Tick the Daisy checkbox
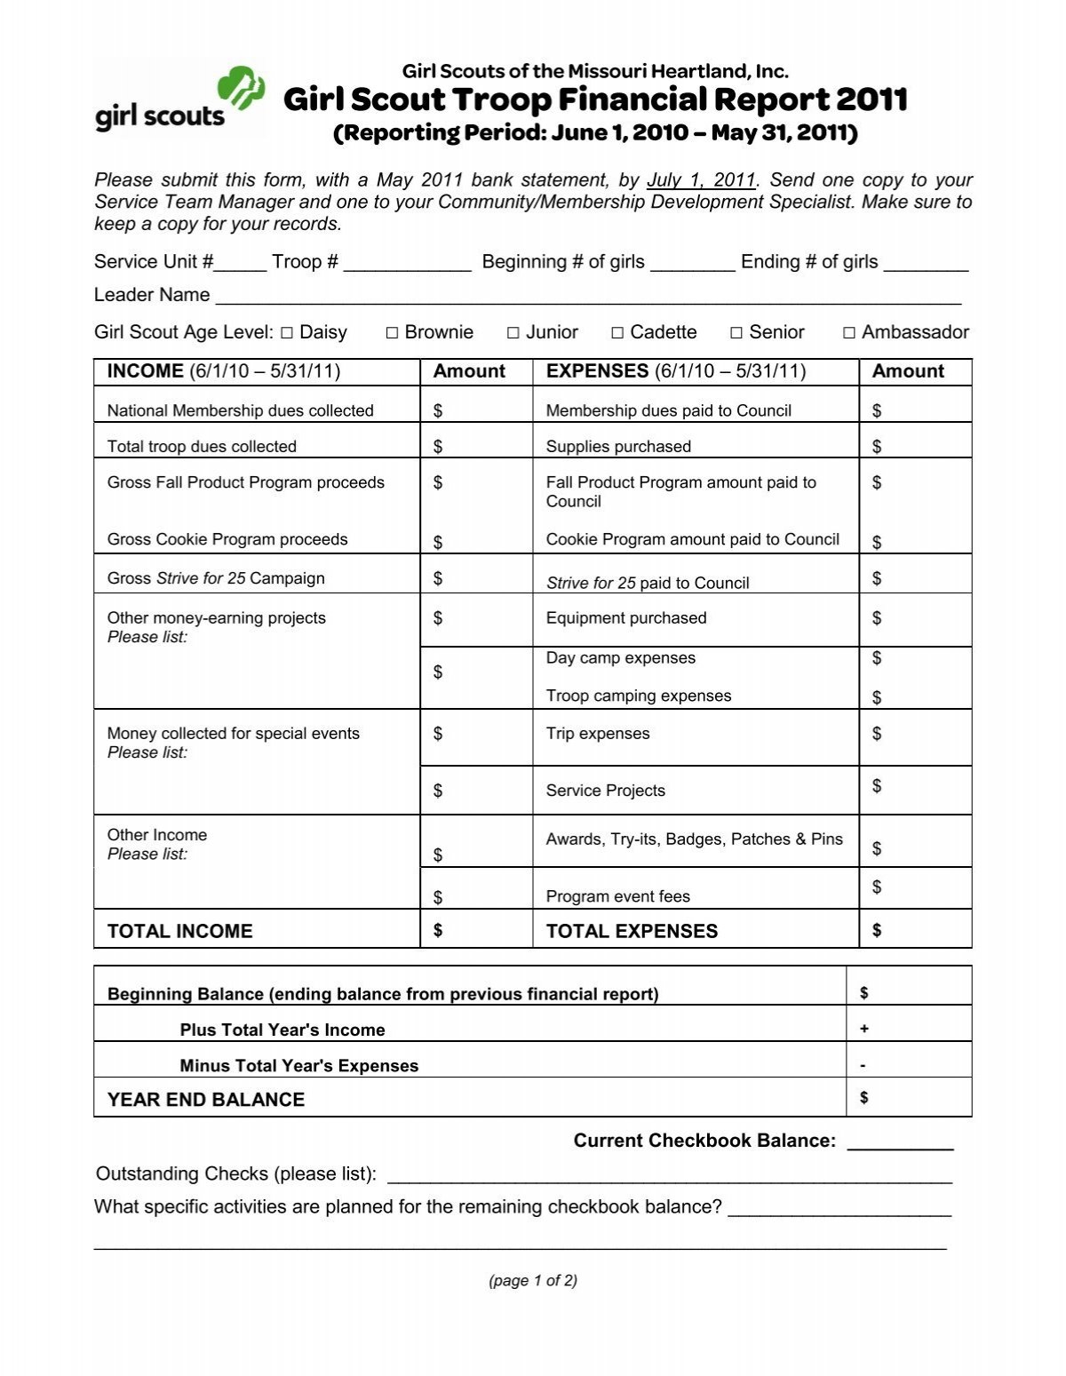tap(287, 333)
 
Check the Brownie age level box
tap(392, 333)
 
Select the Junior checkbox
tap(513, 333)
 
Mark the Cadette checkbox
tap(617, 333)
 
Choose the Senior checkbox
tap(736, 333)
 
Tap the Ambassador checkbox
tap(849, 333)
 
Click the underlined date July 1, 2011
tap(701, 180)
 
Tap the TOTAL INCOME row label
tap(179, 931)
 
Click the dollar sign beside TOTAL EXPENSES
tap(877, 930)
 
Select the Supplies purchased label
tap(618, 446)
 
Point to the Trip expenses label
tap(598, 734)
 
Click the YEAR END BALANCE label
tap(206, 1100)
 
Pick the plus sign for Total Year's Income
tap(864, 1029)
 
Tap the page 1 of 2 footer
tap(533, 1280)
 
